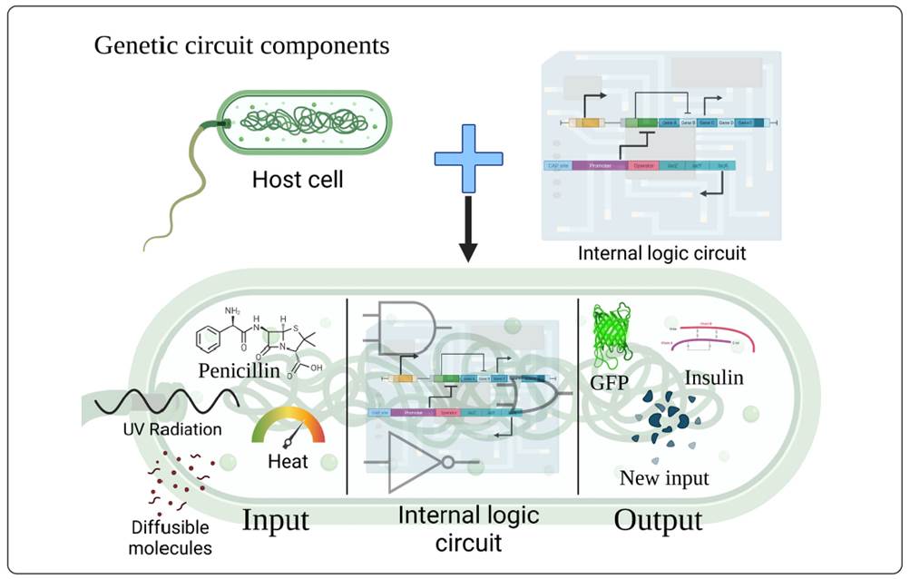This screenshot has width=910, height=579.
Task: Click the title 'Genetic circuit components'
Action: tap(241, 46)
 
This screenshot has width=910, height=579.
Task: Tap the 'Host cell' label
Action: tap(298, 179)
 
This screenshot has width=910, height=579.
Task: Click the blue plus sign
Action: tap(468, 159)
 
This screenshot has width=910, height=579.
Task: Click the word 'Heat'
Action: tap(288, 462)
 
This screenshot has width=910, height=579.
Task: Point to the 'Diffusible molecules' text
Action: tap(169, 537)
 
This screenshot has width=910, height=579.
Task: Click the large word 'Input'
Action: tap(275, 520)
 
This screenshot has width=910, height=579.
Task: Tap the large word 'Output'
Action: tap(658, 521)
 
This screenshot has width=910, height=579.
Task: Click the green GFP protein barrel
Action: tap(611, 338)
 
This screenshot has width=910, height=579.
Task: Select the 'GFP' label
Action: tap(611, 382)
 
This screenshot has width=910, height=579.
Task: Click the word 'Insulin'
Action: tap(714, 377)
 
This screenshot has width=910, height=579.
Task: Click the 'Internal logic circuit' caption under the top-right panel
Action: tap(661, 253)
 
